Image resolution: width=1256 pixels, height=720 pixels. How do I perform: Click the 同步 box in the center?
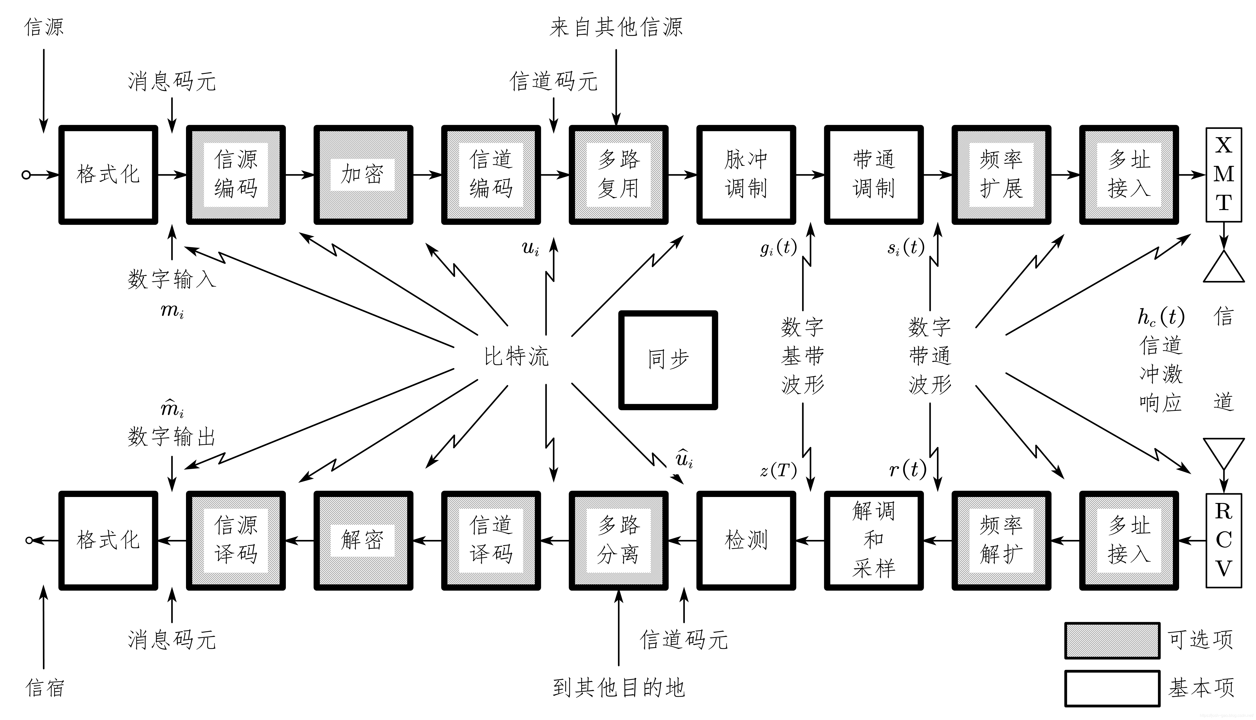[668, 360]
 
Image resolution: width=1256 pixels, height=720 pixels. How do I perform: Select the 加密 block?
[363, 175]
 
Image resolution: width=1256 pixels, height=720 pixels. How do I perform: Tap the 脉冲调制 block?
[746, 175]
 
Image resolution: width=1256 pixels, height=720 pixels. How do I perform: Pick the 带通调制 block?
[874, 175]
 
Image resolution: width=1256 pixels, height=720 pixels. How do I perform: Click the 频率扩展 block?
[1001, 175]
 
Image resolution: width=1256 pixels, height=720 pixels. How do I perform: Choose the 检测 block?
[746, 540]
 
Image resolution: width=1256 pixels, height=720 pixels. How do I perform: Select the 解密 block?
[363, 540]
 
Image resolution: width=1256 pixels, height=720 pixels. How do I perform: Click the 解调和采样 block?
[874, 540]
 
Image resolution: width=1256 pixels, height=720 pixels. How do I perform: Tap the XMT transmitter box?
[1223, 175]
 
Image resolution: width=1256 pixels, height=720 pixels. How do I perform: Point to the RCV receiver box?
[1223, 540]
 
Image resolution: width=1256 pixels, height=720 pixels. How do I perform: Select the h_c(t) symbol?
[1161, 317]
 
